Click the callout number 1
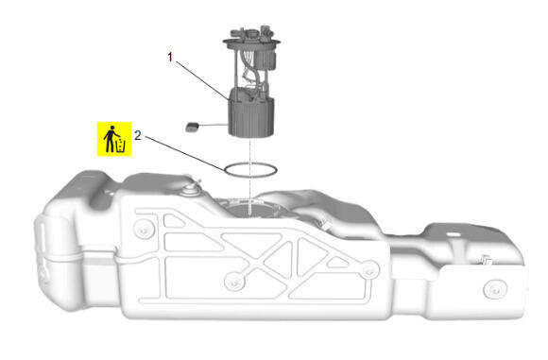pos(170,57)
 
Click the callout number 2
pos(138,135)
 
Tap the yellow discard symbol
pos(114,139)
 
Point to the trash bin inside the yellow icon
pos(120,146)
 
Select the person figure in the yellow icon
pos(110,139)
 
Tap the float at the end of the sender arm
pos(192,127)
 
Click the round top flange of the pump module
pos(251,43)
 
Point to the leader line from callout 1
pos(203,81)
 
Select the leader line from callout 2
pos(185,154)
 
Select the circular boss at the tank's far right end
pos(495,290)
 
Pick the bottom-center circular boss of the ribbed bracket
pos(234,281)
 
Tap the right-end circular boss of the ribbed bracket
pos(368,270)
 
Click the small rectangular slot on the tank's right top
pos(454,233)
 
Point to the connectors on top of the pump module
pos(251,32)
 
